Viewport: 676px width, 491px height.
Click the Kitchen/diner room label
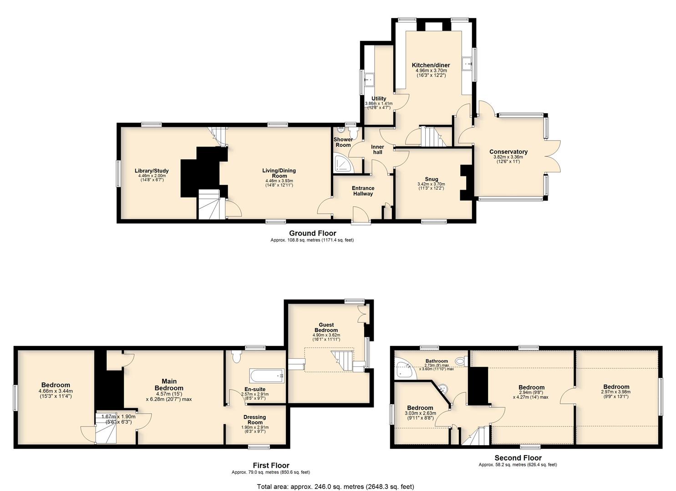(431, 65)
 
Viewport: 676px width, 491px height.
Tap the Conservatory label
(508, 151)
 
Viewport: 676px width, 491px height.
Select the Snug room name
(431, 179)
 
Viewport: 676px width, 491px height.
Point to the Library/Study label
(152, 171)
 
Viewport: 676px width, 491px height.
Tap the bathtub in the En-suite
(267, 376)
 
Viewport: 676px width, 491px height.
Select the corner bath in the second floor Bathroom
(404, 370)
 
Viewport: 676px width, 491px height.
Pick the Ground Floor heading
(312, 233)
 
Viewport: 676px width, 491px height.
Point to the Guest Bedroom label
(326, 327)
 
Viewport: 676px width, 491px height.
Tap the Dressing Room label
(255, 420)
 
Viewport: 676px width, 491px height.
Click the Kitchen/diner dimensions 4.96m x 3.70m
(431, 70)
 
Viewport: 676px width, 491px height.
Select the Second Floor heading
(518, 458)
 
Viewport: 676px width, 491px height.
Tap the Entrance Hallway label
(363, 191)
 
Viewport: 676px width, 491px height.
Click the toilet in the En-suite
(236, 356)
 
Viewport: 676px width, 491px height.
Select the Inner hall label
(377, 150)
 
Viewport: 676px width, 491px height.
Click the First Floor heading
(271, 466)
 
